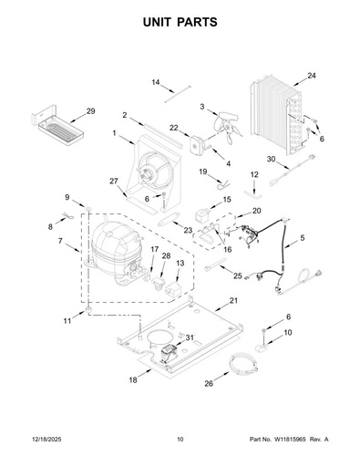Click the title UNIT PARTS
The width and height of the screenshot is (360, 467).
pyautogui.click(x=180, y=22)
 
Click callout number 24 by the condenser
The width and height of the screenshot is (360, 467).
pyautogui.click(x=312, y=76)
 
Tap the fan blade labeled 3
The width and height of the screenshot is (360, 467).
pyautogui.click(x=228, y=125)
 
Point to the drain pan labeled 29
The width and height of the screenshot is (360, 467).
pyautogui.click(x=57, y=126)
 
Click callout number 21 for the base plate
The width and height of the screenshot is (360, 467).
pyautogui.click(x=233, y=301)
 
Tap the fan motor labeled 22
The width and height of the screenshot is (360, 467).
pyautogui.click(x=196, y=144)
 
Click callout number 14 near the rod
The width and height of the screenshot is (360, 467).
pyautogui.click(x=156, y=82)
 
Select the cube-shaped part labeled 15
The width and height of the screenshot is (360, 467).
pyautogui.click(x=202, y=215)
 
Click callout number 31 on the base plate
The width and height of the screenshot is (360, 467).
pyautogui.click(x=190, y=337)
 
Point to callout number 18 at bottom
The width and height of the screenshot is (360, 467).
pyautogui.click(x=133, y=379)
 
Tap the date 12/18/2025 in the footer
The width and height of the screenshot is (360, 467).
pyautogui.click(x=46, y=440)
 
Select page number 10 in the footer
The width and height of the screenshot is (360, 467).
pyautogui.click(x=180, y=440)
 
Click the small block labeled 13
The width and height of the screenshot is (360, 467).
pyautogui.click(x=173, y=287)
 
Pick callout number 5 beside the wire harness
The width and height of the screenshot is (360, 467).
pyautogui.click(x=303, y=238)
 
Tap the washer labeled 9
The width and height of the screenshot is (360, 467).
pyautogui.click(x=88, y=208)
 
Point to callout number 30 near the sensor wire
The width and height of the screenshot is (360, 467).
pyautogui.click(x=271, y=159)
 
